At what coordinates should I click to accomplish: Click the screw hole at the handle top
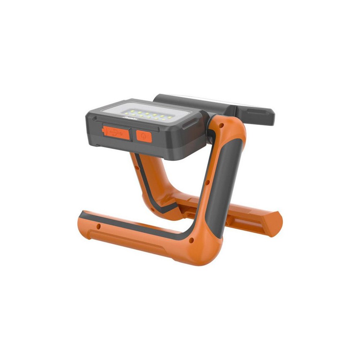[x=221, y=126]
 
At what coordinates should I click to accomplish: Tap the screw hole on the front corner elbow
[x=191, y=239]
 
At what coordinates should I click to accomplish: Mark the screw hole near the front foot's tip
[x=98, y=227]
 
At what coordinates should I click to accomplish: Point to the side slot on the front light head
[x=187, y=124]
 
